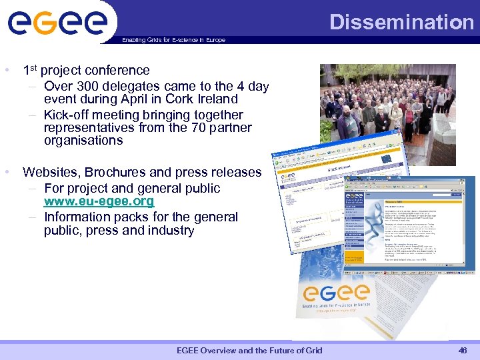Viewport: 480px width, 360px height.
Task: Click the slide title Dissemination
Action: pos(402,22)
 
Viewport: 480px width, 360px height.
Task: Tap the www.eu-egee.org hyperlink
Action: pos(99,201)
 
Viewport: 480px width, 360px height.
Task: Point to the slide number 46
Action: pos(463,351)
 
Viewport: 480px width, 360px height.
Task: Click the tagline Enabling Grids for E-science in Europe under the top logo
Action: pos(174,40)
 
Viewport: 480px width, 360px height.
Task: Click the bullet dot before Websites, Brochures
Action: pos(6,172)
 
